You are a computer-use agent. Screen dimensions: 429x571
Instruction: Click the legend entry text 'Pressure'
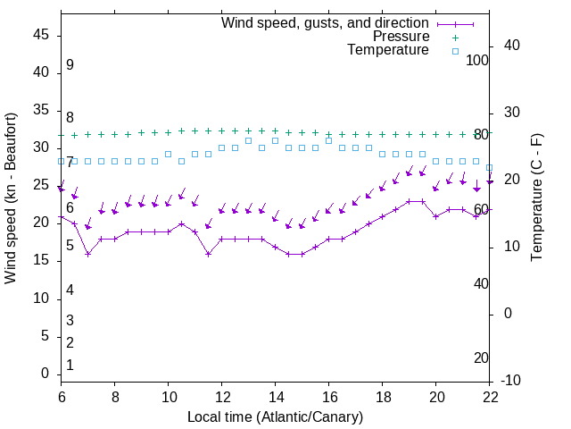[x=401, y=37]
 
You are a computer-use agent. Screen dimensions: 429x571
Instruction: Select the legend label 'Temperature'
[x=388, y=50]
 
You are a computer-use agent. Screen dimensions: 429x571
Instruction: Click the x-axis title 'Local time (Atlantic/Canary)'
[x=276, y=416]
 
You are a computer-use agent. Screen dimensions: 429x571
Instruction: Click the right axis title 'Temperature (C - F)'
[x=536, y=198]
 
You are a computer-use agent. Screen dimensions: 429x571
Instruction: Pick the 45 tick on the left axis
[x=41, y=36]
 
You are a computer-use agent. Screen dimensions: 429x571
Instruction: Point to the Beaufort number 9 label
[x=70, y=65]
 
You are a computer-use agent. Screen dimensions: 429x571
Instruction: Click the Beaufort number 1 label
[x=70, y=366]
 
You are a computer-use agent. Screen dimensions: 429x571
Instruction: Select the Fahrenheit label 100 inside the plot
[x=478, y=60]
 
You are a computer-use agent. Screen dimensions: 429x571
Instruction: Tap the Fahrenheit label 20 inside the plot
[x=481, y=357]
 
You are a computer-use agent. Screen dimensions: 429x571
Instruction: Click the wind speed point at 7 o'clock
[x=88, y=254]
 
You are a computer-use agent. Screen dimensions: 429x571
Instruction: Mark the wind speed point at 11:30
[x=209, y=254]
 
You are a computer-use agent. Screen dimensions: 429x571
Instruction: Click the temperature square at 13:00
[x=248, y=140]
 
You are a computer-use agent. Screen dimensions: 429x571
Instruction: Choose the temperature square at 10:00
[x=168, y=154]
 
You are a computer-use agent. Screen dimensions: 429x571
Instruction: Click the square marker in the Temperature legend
[x=455, y=51]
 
